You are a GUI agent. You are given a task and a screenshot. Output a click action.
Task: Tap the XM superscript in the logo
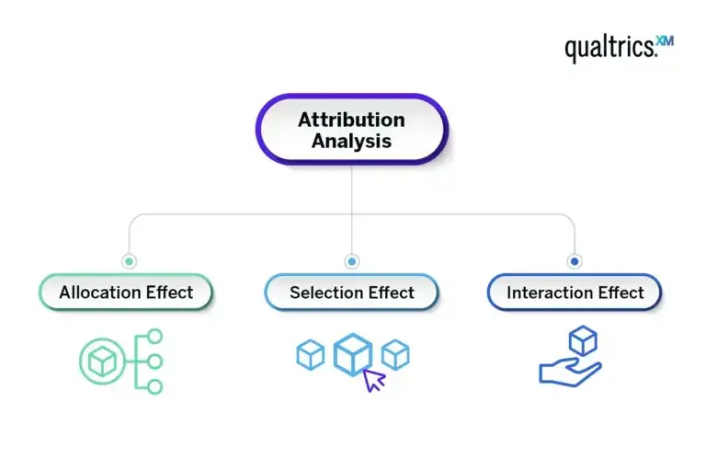tap(664, 42)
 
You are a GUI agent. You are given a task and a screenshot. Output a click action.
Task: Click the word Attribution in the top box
tap(351, 120)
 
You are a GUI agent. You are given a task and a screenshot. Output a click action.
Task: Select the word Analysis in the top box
tap(351, 141)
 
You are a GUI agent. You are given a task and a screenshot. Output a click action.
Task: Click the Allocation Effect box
tap(126, 293)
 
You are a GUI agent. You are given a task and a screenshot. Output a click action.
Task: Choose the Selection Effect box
tap(351, 293)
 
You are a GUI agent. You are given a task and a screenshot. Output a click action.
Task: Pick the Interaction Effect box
tap(575, 293)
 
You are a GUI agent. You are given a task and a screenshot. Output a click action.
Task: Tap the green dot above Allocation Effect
tap(129, 261)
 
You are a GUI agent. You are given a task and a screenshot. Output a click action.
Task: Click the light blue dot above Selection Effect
tap(351, 261)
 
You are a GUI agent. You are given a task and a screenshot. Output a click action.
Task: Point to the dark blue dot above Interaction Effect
tap(575, 261)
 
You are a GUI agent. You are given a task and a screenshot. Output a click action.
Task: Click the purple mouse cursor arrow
tap(373, 379)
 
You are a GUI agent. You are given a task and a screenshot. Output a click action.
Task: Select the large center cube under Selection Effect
tap(352, 354)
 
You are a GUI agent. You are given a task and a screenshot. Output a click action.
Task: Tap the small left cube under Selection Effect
tap(311, 354)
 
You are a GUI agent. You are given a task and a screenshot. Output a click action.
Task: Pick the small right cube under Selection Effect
tap(395, 354)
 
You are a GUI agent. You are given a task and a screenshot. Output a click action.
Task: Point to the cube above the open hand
tap(582, 340)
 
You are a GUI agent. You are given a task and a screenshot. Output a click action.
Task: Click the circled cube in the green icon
tap(100, 361)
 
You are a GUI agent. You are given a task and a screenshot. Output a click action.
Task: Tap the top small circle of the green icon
tap(154, 336)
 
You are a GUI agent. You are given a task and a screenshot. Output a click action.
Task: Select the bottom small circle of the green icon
tap(154, 386)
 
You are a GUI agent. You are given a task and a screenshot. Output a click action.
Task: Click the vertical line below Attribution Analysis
tap(351, 189)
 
